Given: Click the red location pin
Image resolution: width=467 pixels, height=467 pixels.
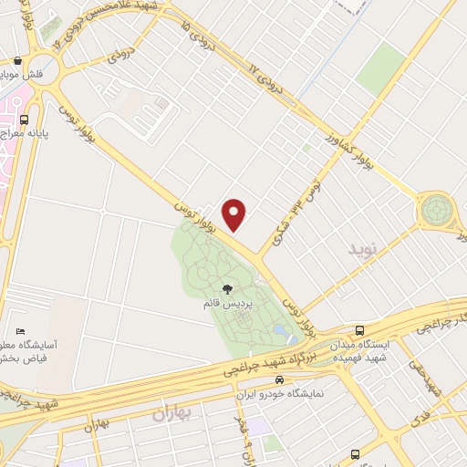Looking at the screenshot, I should pos(235,214).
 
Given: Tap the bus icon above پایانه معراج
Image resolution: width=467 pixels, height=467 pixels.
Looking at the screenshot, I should pos(23,118).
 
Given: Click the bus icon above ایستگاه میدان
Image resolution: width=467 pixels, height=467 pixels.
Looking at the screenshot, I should pos(361,330).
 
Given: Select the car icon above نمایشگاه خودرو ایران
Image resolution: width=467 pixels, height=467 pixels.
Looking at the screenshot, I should pos(280,380).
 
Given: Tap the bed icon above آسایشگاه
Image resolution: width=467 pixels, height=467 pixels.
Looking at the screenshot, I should pos(21,331).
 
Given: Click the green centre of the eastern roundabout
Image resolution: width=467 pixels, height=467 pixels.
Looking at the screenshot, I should pos(436,210).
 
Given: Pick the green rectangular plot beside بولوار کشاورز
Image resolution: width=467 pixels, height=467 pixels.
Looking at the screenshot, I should pos(381,70).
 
